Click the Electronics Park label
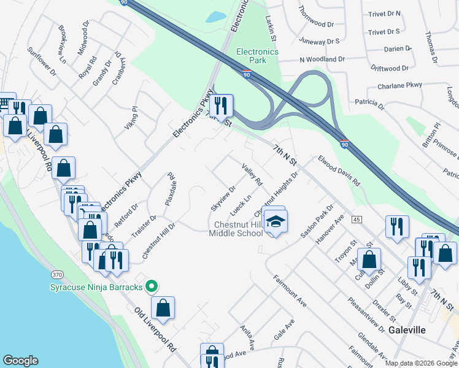point(258,56)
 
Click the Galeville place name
point(407,330)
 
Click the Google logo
point(20,361)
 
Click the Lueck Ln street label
point(241,205)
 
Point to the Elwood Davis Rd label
point(339,170)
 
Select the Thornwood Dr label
point(315,18)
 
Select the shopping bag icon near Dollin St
point(369,259)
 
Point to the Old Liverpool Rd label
point(155,329)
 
